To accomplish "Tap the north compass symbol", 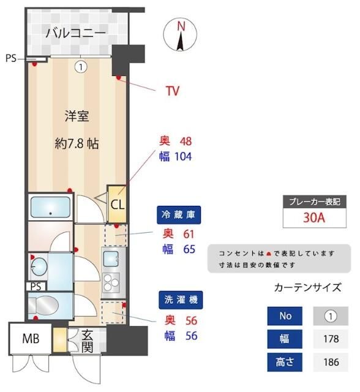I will click(x=181, y=36).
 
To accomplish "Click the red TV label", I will click(x=173, y=91).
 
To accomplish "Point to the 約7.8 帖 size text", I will click(x=77, y=144).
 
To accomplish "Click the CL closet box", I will click(x=116, y=205).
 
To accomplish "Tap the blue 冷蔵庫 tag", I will click(x=179, y=215).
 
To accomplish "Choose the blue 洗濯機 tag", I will click(x=179, y=300).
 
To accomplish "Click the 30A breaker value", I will click(x=313, y=217).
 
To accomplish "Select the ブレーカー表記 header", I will click(x=313, y=201).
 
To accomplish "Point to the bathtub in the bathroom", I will click(x=50, y=208).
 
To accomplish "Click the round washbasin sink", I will click(x=39, y=266).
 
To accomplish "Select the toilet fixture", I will click(x=43, y=304).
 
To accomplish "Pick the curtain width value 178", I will click(x=331, y=339).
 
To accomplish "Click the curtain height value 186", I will click(x=331, y=362).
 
